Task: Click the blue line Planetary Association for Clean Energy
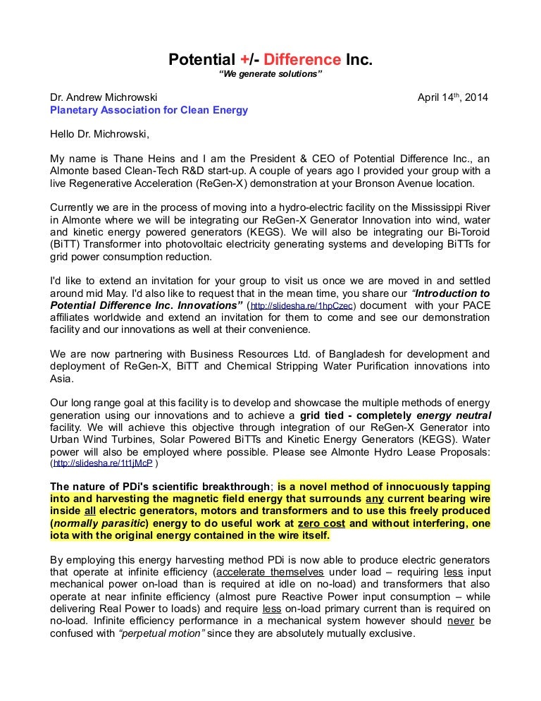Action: point(149,110)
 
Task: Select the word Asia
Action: point(61,378)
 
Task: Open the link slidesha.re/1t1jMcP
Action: point(103,464)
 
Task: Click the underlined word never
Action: point(459,621)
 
